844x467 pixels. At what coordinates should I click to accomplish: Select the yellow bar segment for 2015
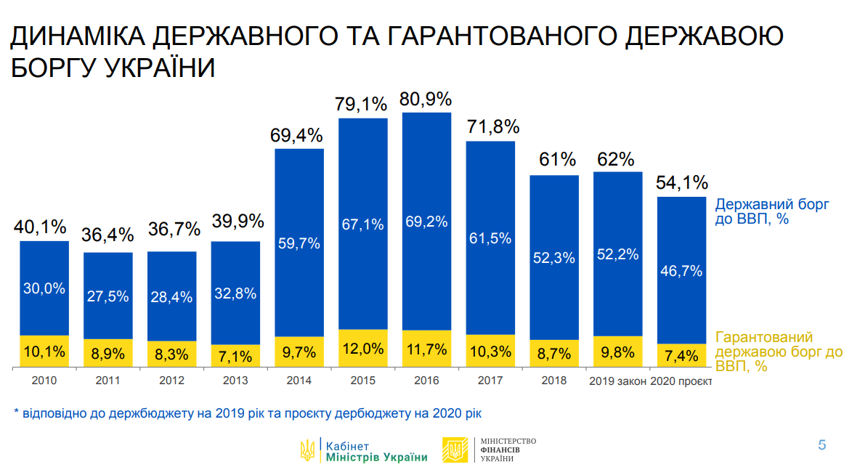pos(363,348)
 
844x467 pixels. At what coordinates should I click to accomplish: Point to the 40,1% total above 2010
pos(44,228)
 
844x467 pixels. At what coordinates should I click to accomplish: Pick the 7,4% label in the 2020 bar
pos(681,355)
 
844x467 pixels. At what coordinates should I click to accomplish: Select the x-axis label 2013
pos(235,380)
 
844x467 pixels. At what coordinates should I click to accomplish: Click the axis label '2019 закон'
pos(617,380)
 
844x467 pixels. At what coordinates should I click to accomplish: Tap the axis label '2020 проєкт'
pos(681,380)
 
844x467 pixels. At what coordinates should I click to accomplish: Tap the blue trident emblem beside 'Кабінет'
pos(307,450)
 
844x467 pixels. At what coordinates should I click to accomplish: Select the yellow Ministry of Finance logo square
pos(455,450)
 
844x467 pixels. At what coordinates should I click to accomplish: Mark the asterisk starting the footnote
pos(17,412)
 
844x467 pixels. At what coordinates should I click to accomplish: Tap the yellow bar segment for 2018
pos(554,350)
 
